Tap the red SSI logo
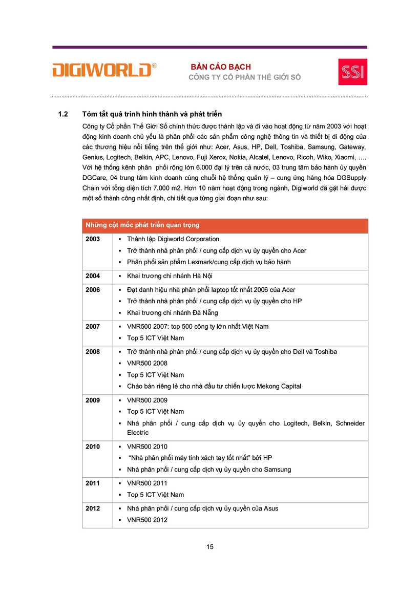tap(352, 72)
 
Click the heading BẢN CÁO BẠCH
tap(221, 67)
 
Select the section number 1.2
tap(64, 114)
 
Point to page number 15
tap(210, 546)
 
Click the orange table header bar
tap(225, 225)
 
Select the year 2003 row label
tap(93, 239)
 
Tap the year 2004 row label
tap(93, 276)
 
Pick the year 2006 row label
tap(93, 290)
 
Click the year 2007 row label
tap(93, 327)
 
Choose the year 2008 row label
tap(93, 352)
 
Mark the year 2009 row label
tap(93, 400)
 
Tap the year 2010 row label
tap(93, 447)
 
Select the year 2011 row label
tap(93, 483)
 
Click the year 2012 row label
tap(93, 508)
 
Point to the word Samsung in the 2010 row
tap(278, 470)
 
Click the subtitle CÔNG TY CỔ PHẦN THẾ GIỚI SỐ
tap(245, 77)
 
